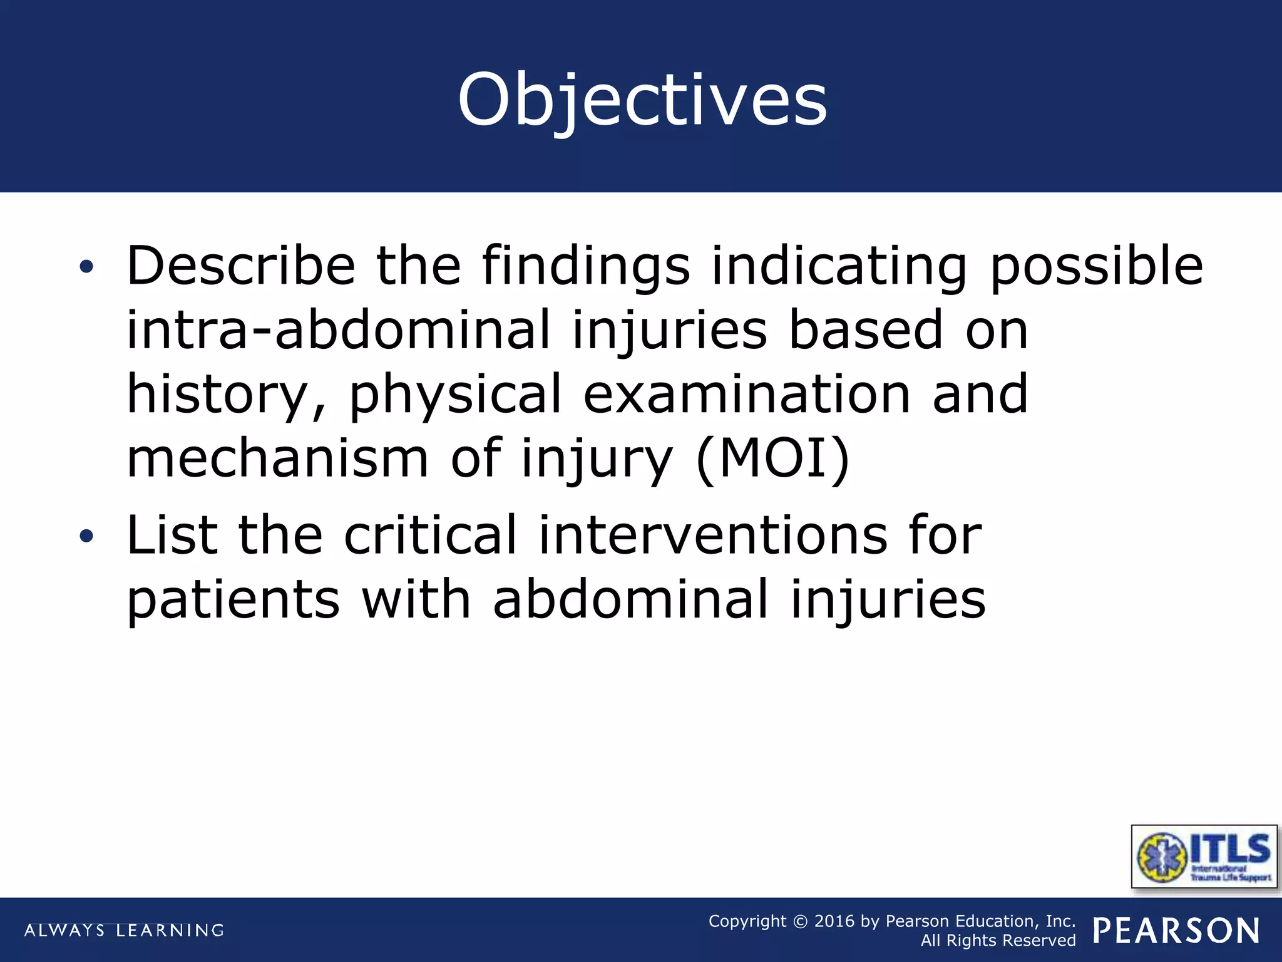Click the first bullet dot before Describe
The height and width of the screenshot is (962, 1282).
(x=86, y=267)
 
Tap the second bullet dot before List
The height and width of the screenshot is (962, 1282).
(x=86, y=536)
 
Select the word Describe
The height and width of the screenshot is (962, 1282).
(x=241, y=266)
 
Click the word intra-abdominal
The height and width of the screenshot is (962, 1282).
(x=338, y=329)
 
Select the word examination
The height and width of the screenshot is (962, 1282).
(x=746, y=395)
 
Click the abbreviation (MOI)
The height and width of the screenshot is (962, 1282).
(x=772, y=459)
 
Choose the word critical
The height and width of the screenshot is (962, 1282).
(x=430, y=535)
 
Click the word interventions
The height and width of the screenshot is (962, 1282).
(x=712, y=535)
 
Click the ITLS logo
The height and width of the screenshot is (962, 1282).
(x=1204, y=856)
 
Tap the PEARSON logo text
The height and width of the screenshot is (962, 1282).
(x=1176, y=931)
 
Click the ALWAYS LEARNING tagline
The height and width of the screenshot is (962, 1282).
(x=124, y=930)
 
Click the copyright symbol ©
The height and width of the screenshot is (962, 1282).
(x=800, y=921)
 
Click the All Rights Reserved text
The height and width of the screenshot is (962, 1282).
(x=998, y=941)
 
